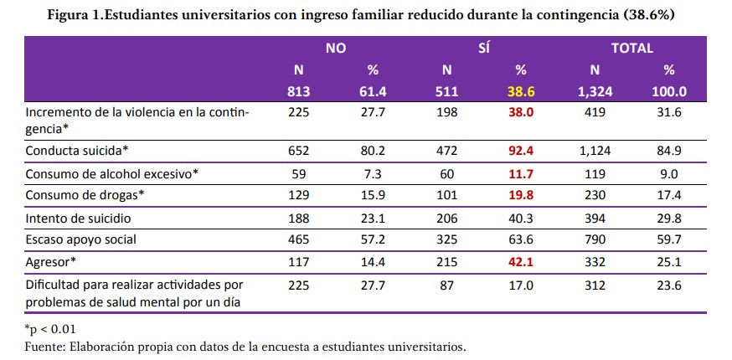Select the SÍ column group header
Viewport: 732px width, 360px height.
[483, 49]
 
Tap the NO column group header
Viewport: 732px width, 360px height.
[335, 49]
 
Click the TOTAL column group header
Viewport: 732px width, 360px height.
[631, 49]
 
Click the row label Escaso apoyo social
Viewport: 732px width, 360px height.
[81, 240]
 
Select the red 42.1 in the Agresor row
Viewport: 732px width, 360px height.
[522, 262]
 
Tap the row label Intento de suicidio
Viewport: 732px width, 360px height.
[80, 219]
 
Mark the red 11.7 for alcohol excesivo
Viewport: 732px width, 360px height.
[522, 175]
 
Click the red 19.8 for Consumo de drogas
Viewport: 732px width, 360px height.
[522, 197]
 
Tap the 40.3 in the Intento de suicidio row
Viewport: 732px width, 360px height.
[522, 219]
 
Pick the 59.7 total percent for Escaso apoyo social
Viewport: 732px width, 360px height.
[669, 240]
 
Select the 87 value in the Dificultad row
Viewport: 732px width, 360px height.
[447, 284]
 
